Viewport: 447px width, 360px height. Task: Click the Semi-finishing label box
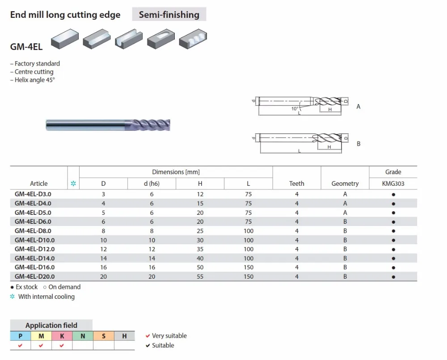(x=169, y=14)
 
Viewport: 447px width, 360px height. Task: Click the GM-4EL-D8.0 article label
(x=33, y=231)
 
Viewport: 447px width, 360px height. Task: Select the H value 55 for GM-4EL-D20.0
(x=200, y=276)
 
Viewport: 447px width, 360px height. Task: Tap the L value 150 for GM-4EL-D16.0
(x=249, y=268)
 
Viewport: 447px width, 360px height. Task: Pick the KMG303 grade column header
(x=393, y=184)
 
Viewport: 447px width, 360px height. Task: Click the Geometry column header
(x=345, y=184)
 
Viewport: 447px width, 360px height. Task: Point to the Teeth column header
(x=297, y=184)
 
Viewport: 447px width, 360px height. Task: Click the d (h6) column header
(x=152, y=184)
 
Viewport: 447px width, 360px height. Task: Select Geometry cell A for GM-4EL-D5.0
(x=345, y=213)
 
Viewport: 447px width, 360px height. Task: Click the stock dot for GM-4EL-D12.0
(x=393, y=250)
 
